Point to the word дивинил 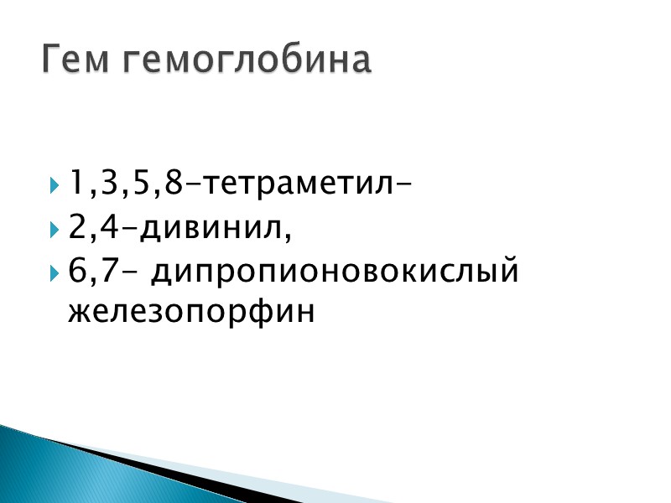212,227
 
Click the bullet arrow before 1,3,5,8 54,183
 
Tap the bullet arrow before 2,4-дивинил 54,228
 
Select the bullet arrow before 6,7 54,273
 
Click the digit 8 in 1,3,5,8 174,182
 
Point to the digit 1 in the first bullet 76,182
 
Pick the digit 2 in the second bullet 78,227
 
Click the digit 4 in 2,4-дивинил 110,227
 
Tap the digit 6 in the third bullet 78,272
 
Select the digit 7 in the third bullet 110,272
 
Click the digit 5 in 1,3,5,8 143,182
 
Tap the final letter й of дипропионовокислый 508,272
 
